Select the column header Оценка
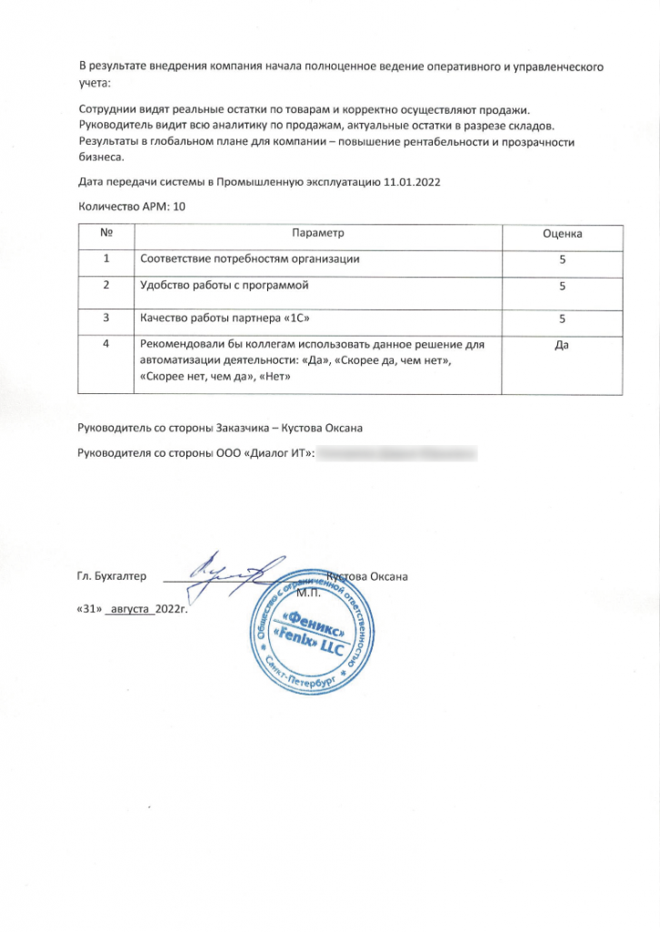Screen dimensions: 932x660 tap(562, 234)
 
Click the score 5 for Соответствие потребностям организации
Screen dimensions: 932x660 tap(562, 259)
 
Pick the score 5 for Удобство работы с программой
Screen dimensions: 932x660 tap(562, 287)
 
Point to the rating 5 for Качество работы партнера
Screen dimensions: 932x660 tap(562, 319)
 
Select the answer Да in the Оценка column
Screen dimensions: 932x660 tap(562, 345)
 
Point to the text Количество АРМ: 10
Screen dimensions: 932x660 tap(133, 207)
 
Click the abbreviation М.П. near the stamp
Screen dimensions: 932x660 tap(310, 593)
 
